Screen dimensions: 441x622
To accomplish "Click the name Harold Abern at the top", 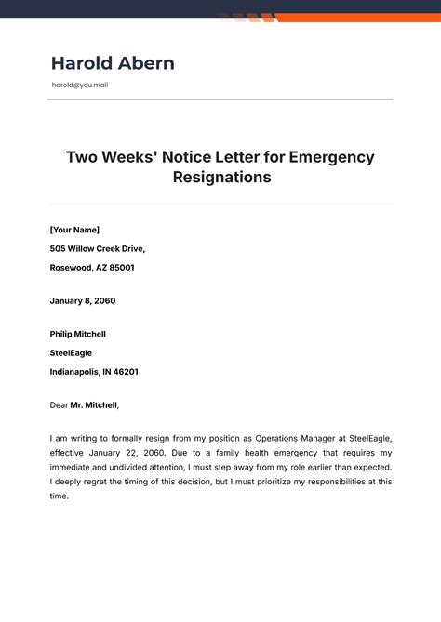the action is click(x=113, y=63).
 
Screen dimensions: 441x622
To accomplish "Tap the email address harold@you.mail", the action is click(x=80, y=86).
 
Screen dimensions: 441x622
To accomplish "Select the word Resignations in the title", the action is click(x=221, y=177).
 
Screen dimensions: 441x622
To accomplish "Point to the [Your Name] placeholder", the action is click(x=74, y=230).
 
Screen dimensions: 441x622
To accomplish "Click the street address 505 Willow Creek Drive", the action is click(x=98, y=248).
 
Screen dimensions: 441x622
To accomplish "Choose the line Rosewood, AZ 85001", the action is click(x=92, y=268).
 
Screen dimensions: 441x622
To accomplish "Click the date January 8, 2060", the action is click(x=83, y=301).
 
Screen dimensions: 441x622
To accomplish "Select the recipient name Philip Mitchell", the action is click(x=78, y=334).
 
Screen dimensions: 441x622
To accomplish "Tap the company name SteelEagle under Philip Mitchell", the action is click(x=71, y=353).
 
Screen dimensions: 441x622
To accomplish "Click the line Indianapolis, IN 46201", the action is click(x=94, y=372).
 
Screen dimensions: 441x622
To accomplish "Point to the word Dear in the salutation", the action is click(x=59, y=405).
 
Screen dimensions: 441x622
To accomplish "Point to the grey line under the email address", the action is click(x=220, y=99).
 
